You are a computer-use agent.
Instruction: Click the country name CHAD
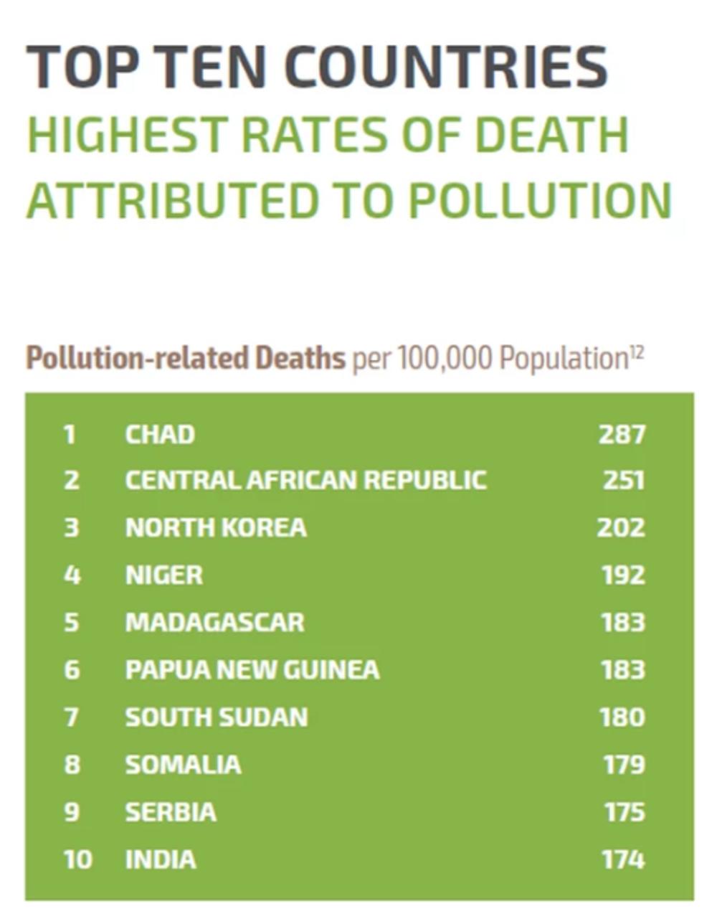point(159,434)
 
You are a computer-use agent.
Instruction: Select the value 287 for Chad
point(622,434)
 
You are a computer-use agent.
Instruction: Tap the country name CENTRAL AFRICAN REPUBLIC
point(305,480)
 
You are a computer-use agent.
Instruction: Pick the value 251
point(623,480)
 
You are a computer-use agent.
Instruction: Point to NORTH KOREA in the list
point(216,527)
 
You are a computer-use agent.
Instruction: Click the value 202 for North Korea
point(621,527)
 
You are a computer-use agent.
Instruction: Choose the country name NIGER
point(163,575)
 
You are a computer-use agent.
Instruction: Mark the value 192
point(622,575)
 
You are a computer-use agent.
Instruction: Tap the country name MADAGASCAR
point(214,622)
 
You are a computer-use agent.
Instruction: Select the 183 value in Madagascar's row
point(622,622)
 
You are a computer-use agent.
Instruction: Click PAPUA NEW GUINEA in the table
point(252,669)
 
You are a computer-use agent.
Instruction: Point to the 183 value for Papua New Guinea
point(622,669)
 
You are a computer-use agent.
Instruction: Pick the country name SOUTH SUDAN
point(216,717)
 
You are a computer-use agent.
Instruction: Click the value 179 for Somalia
point(623,764)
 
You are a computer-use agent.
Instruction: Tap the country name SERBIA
point(170,811)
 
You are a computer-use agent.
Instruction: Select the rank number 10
point(77,859)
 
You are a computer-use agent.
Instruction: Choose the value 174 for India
point(623,859)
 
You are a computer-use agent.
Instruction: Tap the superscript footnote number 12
point(636,351)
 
